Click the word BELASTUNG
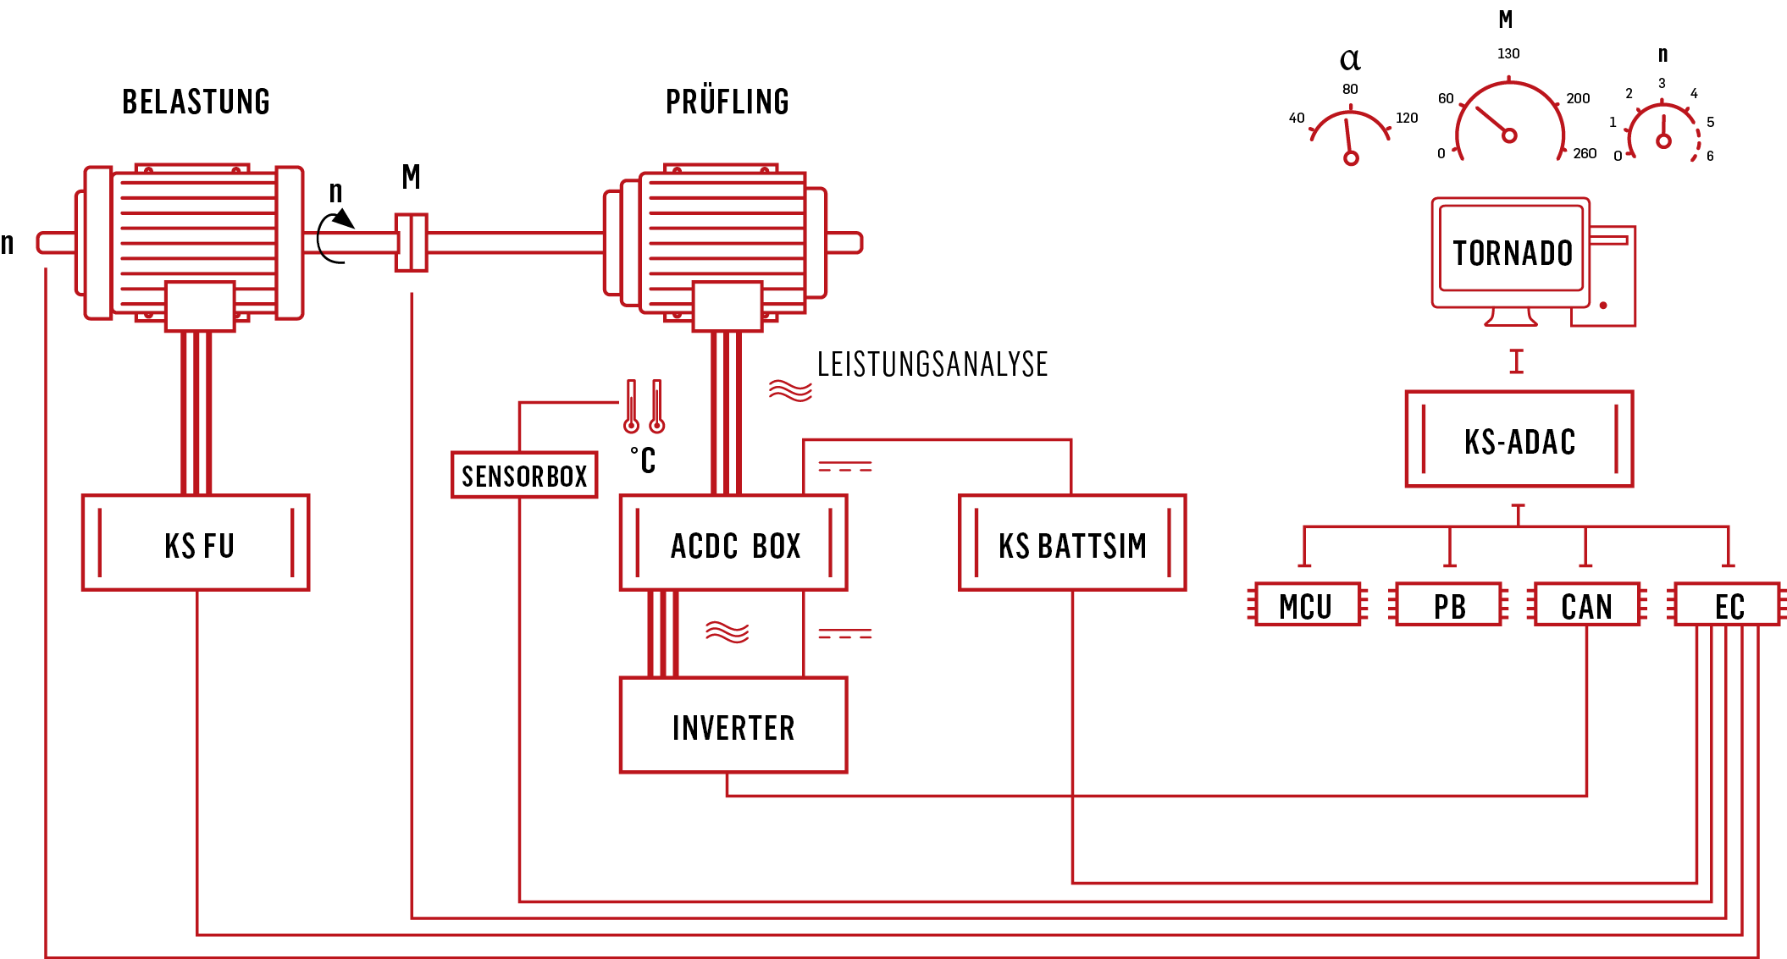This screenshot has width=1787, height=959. click(x=196, y=102)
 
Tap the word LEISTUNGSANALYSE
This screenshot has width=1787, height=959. click(x=932, y=364)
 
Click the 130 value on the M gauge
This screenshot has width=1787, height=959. click(x=1508, y=53)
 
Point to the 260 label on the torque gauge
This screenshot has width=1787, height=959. click(x=1585, y=153)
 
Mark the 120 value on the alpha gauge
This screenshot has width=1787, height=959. click(x=1407, y=118)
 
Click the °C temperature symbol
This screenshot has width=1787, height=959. click(x=643, y=460)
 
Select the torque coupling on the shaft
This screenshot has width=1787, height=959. click(x=412, y=243)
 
